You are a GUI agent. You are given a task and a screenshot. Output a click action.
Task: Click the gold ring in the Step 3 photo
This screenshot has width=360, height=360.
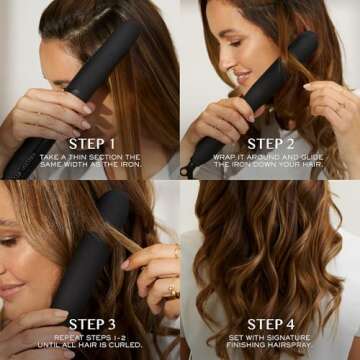point(173,291)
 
